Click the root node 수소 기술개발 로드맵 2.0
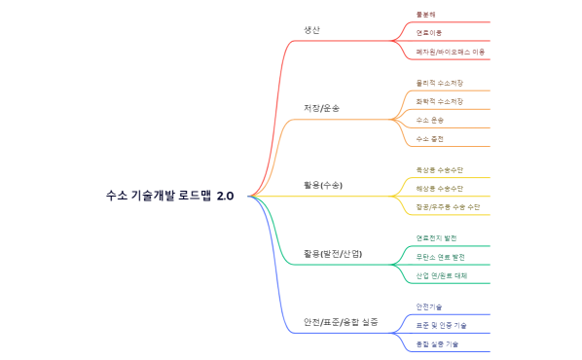coord(170,196)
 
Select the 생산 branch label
coord(311,30)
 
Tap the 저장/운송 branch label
coord(322,107)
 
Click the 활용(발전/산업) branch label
coord(333,253)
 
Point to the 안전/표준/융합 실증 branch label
coord(341,321)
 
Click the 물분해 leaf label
coord(426,15)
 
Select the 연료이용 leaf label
coord(429,32)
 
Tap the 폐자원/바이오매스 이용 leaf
coord(451,51)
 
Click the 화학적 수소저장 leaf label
coord(439,101)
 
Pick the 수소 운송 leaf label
coord(430,120)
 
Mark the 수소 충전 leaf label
coord(430,138)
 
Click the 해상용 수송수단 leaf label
coord(439,188)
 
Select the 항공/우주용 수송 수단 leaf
coord(448,206)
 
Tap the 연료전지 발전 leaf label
coord(436,238)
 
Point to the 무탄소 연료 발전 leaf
coord(440,257)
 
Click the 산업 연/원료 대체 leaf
coord(442,275)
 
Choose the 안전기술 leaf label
coord(429,307)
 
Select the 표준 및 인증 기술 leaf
coord(441,325)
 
